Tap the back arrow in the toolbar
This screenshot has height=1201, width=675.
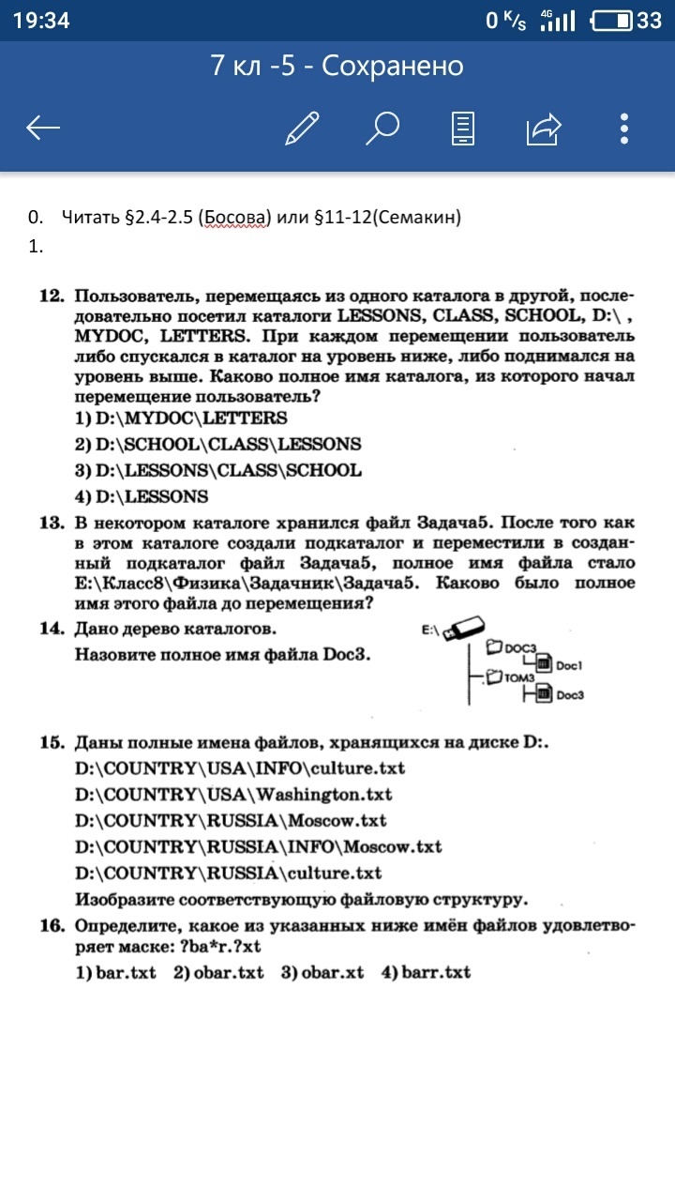click(43, 128)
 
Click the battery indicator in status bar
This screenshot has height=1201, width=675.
click(614, 21)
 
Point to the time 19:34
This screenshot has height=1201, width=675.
click(42, 21)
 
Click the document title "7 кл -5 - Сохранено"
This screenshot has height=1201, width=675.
click(337, 66)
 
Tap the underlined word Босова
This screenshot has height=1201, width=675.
click(233, 218)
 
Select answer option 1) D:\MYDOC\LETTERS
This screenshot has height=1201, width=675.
click(181, 418)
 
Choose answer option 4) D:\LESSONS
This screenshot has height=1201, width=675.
click(142, 495)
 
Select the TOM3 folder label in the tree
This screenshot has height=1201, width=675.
click(518, 677)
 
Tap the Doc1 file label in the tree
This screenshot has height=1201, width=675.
click(569, 665)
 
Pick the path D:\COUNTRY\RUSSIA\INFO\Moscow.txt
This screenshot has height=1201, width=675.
click(259, 846)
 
